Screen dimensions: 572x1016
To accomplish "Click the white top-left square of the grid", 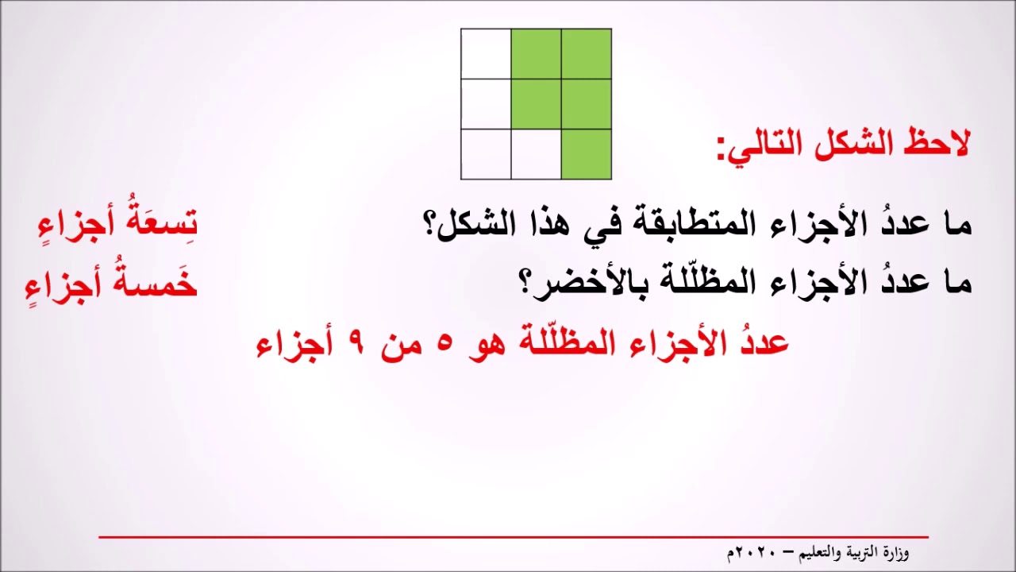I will coord(486,54).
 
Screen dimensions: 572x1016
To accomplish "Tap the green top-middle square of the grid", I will coord(536,54).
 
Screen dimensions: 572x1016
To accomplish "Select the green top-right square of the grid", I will coord(586,54).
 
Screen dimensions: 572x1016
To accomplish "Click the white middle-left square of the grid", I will coord(486,104).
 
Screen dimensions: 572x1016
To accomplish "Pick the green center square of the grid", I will coord(536,104).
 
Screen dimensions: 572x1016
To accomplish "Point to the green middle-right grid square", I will coord(586,104).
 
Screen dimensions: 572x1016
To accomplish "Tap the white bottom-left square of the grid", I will coord(486,154).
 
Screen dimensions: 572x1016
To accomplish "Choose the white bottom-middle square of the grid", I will coord(536,154).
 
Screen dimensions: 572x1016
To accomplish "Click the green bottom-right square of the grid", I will coord(586,154).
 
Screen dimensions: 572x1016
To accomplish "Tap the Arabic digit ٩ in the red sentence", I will coord(355,345).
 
